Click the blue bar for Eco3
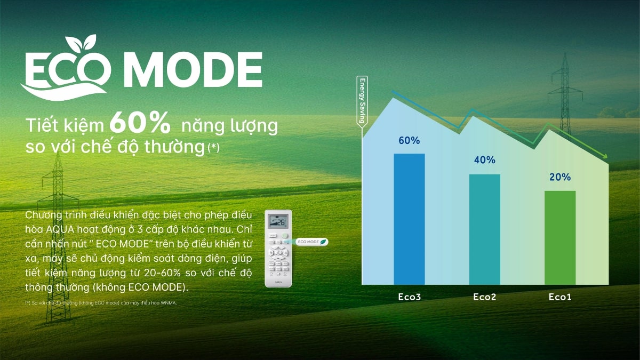(x=409, y=219)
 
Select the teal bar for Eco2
(x=484, y=229)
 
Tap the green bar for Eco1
(x=560, y=237)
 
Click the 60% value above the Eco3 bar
(x=409, y=141)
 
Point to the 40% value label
(x=484, y=160)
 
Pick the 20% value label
(x=560, y=177)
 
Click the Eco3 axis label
(x=409, y=297)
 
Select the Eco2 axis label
(x=484, y=297)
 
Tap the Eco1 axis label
(x=560, y=297)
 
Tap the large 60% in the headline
(x=140, y=124)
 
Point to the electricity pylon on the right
(x=564, y=85)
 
